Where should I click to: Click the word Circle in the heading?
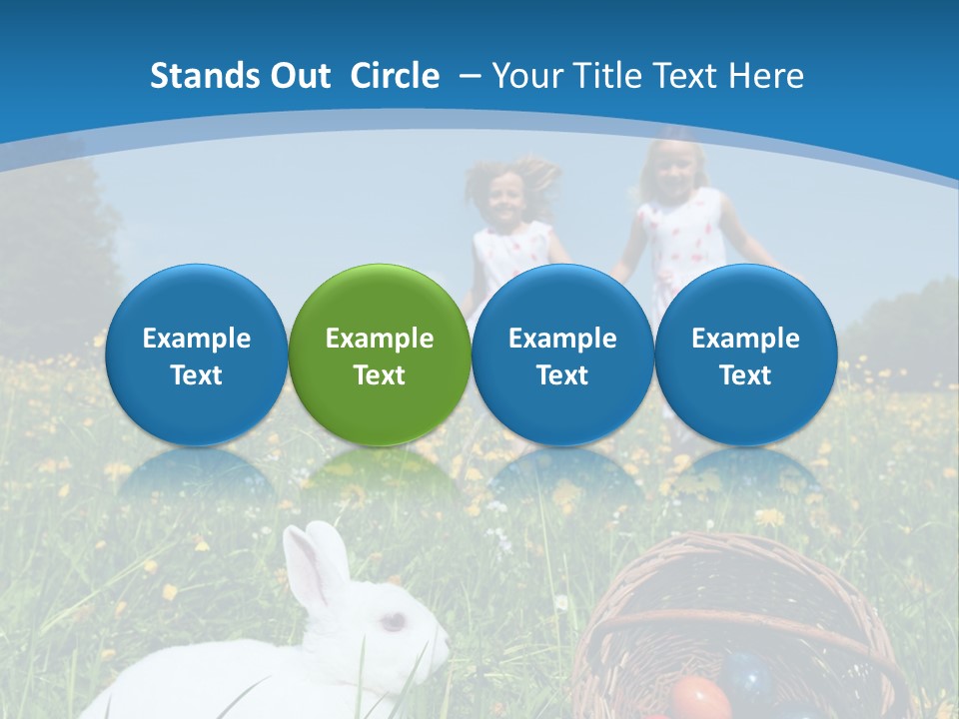coord(395,76)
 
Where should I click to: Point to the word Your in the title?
coord(525,76)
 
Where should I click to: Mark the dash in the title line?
coord(469,76)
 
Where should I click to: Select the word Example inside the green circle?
coord(379,339)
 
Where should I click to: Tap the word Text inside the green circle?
coord(379,375)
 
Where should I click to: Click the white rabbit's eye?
coord(394,621)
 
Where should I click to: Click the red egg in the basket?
coord(698,698)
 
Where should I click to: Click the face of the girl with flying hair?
coord(505,198)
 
